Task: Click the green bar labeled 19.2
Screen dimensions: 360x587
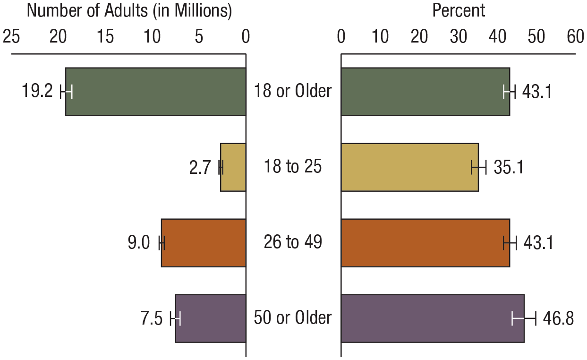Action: pyautogui.click(x=156, y=92)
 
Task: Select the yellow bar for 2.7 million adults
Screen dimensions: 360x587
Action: pyautogui.click(x=233, y=167)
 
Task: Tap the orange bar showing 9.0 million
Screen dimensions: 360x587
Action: pyautogui.click(x=204, y=243)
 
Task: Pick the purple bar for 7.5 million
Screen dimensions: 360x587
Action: pyautogui.click(x=211, y=318)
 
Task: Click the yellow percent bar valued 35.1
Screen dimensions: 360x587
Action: pyautogui.click(x=409, y=167)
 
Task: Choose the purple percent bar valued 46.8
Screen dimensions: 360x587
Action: pyautogui.click(x=432, y=318)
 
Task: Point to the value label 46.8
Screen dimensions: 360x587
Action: pyautogui.click(x=558, y=319)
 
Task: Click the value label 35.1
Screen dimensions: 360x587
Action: pyautogui.click(x=508, y=168)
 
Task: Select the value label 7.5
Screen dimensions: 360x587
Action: pyautogui.click(x=151, y=319)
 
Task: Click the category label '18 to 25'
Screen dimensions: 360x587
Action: pyautogui.click(x=293, y=167)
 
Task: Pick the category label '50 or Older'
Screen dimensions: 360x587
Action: pyautogui.click(x=293, y=318)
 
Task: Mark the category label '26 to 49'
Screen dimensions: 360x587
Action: pyautogui.click(x=293, y=242)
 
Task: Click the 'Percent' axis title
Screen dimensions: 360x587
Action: pyautogui.click(x=458, y=11)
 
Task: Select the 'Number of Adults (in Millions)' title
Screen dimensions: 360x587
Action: pyautogui.click(x=129, y=11)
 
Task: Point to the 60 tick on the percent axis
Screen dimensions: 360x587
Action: pyautogui.click(x=575, y=37)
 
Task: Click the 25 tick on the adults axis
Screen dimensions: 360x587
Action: pyautogui.click(x=11, y=37)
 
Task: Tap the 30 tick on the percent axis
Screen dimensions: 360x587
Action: pyautogui.click(x=458, y=37)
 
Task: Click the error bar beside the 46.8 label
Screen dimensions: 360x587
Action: pyautogui.click(x=524, y=319)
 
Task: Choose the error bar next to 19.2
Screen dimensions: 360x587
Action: pyautogui.click(x=66, y=92)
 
